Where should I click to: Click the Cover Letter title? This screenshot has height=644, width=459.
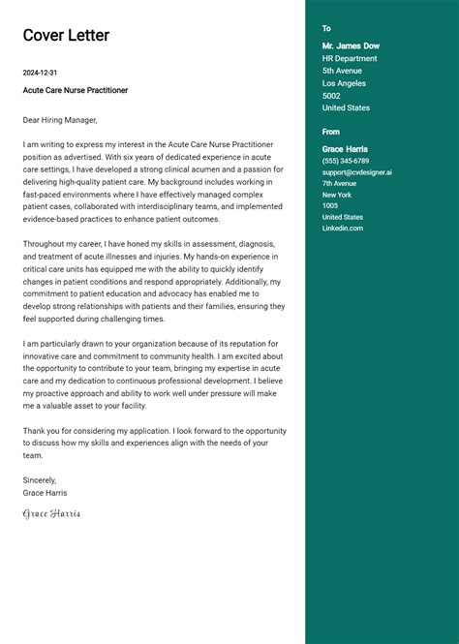pyautogui.click(x=66, y=36)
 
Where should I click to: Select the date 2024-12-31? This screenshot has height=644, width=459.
pyautogui.click(x=40, y=73)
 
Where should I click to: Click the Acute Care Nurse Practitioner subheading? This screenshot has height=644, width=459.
pyautogui.click(x=76, y=90)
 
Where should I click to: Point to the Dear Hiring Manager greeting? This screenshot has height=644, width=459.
pyautogui.click(x=60, y=120)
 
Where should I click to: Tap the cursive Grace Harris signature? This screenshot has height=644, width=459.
pyautogui.click(x=51, y=513)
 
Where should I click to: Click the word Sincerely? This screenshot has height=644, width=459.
pyautogui.click(x=40, y=480)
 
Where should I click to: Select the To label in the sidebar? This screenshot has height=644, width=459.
pyautogui.click(x=326, y=29)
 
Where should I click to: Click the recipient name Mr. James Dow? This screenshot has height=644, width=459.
pyautogui.click(x=351, y=46)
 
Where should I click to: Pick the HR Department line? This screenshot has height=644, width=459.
pyautogui.click(x=350, y=58)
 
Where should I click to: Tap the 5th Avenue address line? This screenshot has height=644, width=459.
pyautogui.click(x=342, y=71)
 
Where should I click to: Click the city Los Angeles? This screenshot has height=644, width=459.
pyautogui.click(x=344, y=83)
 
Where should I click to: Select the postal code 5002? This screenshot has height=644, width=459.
pyautogui.click(x=331, y=96)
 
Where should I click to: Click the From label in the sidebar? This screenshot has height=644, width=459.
pyautogui.click(x=331, y=132)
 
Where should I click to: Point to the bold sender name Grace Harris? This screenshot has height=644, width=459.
pyautogui.click(x=345, y=149)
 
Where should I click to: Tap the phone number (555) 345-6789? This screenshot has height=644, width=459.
pyautogui.click(x=346, y=161)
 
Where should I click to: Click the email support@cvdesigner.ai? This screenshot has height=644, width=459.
pyautogui.click(x=357, y=172)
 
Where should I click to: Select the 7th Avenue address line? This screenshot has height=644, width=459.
pyautogui.click(x=339, y=183)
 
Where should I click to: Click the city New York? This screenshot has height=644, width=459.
pyautogui.click(x=338, y=195)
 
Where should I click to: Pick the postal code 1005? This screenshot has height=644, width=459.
pyautogui.click(x=330, y=205)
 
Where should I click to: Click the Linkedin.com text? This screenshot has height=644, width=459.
pyautogui.click(x=343, y=228)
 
